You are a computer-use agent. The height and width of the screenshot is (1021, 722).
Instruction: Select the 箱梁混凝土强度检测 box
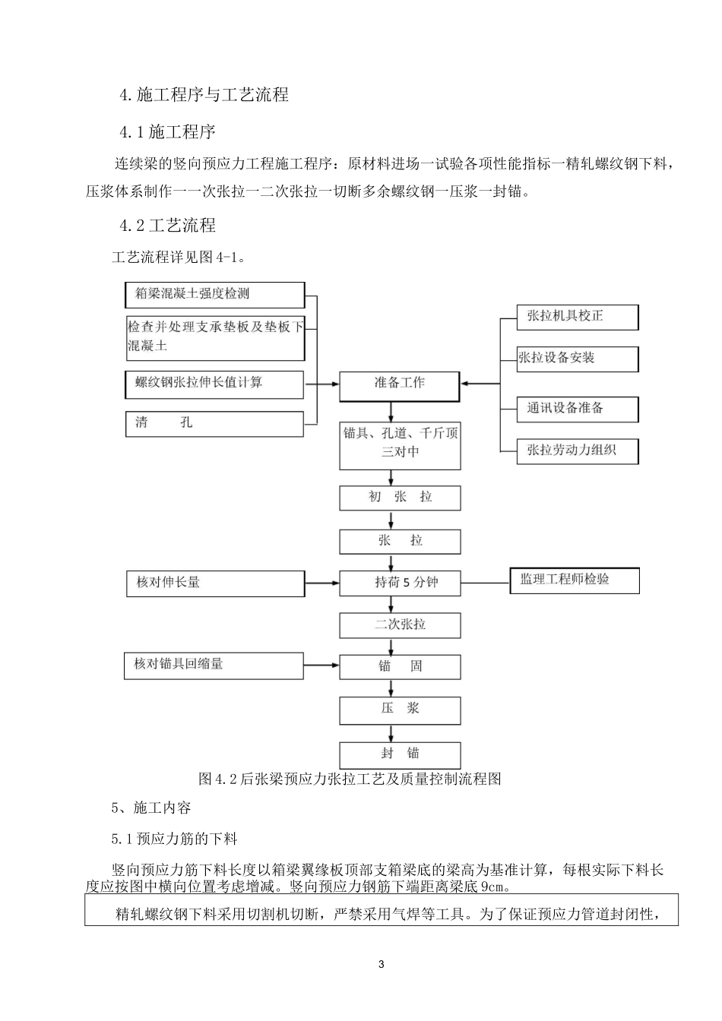[215, 295]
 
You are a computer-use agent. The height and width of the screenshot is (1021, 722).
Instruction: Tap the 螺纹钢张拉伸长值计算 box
[215, 384]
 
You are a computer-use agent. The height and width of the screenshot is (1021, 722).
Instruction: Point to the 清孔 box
[215, 423]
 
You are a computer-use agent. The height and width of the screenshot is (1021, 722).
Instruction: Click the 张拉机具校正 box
[578, 317]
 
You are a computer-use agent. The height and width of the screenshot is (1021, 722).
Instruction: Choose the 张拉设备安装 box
[578, 359]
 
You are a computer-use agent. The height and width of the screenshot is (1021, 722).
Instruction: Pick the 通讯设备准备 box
[578, 409]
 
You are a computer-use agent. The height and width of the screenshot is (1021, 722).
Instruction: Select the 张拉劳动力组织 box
[578, 450]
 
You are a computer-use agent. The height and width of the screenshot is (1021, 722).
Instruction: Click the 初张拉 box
[400, 498]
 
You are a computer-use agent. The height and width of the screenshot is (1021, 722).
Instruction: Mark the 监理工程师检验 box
[575, 580]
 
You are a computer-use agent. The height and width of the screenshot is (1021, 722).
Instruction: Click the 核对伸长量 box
[215, 583]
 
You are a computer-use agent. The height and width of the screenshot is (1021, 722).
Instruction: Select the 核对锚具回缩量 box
[215, 665]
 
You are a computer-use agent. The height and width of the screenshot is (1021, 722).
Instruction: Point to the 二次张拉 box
[400, 625]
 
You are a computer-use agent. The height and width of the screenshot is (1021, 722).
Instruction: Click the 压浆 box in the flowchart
[400, 709]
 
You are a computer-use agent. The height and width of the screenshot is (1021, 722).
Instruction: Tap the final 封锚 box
[400, 754]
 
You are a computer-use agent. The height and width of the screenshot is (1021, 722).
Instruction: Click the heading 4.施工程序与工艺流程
[204, 95]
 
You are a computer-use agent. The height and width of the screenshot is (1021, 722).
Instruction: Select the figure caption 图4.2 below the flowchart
[350, 779]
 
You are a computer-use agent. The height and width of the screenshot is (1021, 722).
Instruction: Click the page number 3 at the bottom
[382, 965]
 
